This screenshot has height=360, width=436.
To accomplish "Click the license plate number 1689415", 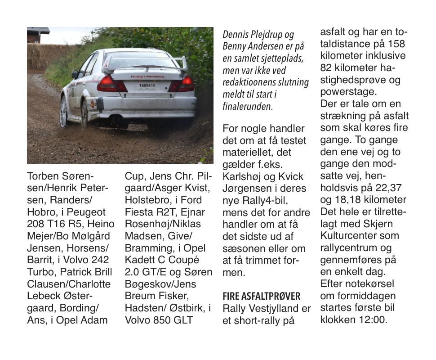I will [x=147, y=85].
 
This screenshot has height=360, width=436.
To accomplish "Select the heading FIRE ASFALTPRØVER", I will [x=262, y=296].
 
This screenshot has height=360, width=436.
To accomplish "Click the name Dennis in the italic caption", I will [x=236, y=35].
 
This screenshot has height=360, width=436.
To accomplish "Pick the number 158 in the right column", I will [x=396, y=44].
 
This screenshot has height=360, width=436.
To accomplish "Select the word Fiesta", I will [x=139, y=212].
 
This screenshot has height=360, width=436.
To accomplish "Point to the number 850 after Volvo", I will [x=159, y=320].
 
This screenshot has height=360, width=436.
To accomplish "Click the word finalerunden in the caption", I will [x=247, y=107].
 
